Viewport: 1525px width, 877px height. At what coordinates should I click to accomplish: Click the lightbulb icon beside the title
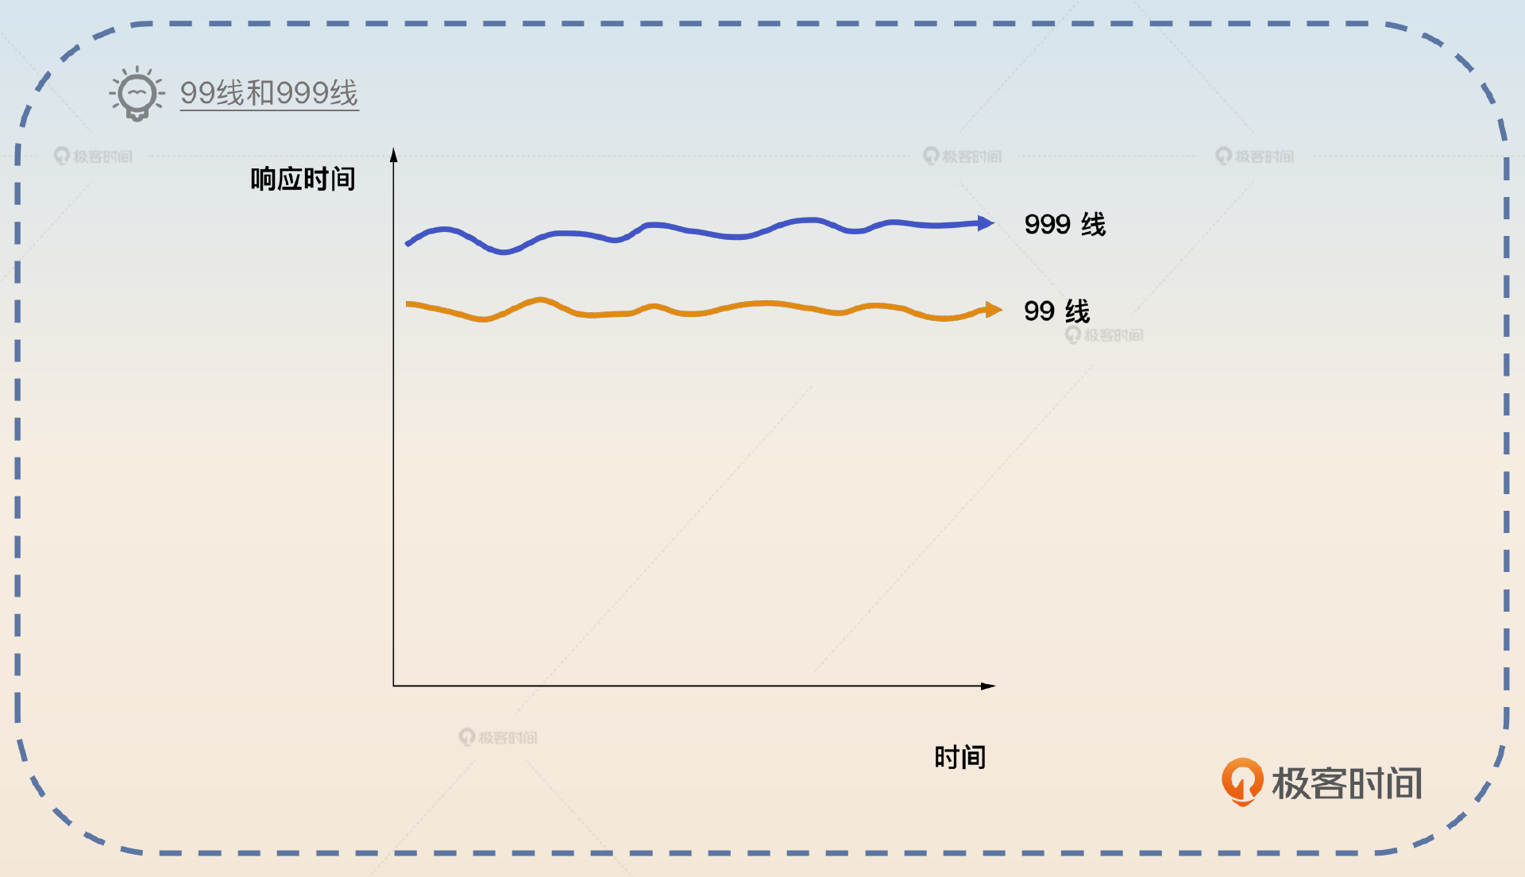pos(137,94)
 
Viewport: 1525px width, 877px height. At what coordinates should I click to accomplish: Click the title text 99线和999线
pos(268,94)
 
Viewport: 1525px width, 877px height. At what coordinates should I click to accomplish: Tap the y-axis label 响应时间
pos(303,180)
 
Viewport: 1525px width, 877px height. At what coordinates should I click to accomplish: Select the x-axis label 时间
pos(959,757)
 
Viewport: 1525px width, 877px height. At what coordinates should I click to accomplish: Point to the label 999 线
pos(1064,225)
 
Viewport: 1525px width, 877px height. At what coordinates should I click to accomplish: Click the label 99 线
pos(1056,311)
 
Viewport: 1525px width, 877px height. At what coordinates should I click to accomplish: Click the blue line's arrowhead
pos(986,223)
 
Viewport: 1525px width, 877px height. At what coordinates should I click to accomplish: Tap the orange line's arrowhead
pos(994,310)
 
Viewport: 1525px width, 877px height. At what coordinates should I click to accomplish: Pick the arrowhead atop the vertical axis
pos(393,155)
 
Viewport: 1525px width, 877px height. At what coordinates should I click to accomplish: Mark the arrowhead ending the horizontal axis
pos(988,686)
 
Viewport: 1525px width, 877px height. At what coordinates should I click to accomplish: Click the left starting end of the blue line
pos(408,243)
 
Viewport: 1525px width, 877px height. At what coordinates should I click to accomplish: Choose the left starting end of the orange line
pos(408,304)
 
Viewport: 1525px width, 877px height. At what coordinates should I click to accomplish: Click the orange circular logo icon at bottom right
pos(1242,782)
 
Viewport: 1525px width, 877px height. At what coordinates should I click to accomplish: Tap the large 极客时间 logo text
pos(1346,783)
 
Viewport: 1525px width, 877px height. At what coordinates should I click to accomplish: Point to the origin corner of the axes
pos(393,686)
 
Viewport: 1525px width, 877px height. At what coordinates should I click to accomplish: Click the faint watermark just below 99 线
pos(1105,335)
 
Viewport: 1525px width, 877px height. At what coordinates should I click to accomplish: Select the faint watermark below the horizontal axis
pos(498,737)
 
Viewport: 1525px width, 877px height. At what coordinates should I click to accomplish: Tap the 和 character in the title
pos(261,94)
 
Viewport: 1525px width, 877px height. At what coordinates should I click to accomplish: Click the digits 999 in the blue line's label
pos(1047,225)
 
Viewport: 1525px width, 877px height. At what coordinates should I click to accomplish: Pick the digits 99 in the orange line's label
pos(1039,311)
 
